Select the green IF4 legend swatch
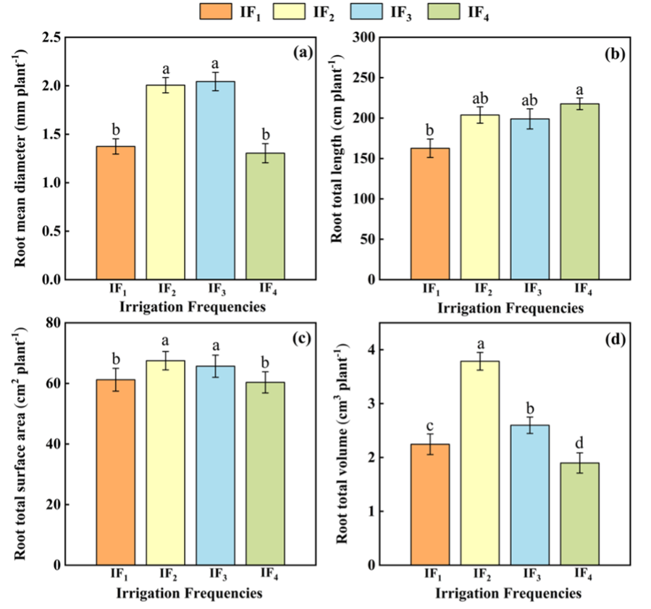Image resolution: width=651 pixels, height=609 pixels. [442, 12]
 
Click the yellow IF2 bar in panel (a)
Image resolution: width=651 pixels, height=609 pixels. [164, 182]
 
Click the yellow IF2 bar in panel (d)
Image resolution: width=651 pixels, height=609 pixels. [479, 463]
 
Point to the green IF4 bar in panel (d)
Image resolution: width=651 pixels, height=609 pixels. [579, 513]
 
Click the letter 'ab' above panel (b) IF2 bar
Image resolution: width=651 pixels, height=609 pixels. [479, 97]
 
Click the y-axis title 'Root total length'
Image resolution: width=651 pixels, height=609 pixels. [338, 157]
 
